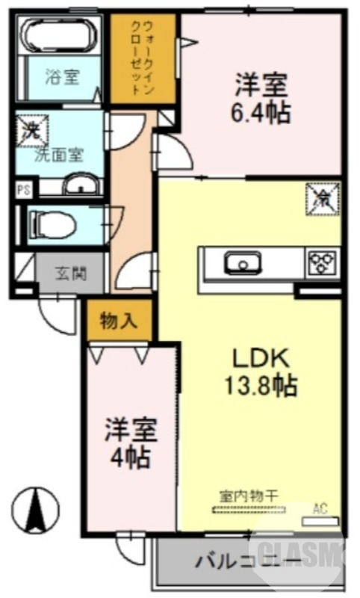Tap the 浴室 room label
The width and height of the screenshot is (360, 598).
[x=62, y=76]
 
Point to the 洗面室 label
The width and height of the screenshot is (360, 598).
[x=60, y=155]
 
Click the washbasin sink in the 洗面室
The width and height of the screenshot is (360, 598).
[x=80, y=185]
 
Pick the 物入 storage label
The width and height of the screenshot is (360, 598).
[x=119, y=322]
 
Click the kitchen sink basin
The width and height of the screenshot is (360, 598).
[x=243, y=262]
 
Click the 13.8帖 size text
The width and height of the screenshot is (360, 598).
[x=261, y=386]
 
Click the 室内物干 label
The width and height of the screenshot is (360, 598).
[x=249, y=496]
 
